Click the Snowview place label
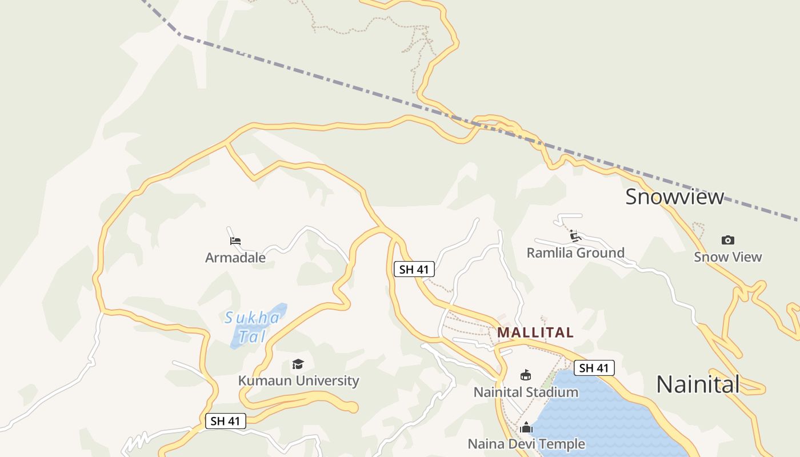(x=674, y=197)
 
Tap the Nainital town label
(x=698, y=384)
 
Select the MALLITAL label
(x=535, y=332)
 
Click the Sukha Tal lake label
(x=253, y=326)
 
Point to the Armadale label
(x=235, y=258)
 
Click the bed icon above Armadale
(x=235, y=241)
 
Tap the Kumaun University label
(x=298, y=380)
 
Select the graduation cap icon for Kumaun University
(x=298, y=364)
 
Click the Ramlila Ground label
(x=575, y=252)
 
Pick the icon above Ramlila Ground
(x=575, y=236)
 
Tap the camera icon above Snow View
(x=727, y=240)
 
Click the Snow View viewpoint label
(x=727, y=257)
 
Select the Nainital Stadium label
(x=526, y=392)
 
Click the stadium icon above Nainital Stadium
(x=526, y=375)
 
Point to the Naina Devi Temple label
(x=526, y=444)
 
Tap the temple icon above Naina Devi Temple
(x=526, y=427)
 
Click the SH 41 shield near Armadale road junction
(x=414, y=269)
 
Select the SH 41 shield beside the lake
(x=594, y=368)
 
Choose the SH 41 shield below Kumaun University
(x=225, y=422)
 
